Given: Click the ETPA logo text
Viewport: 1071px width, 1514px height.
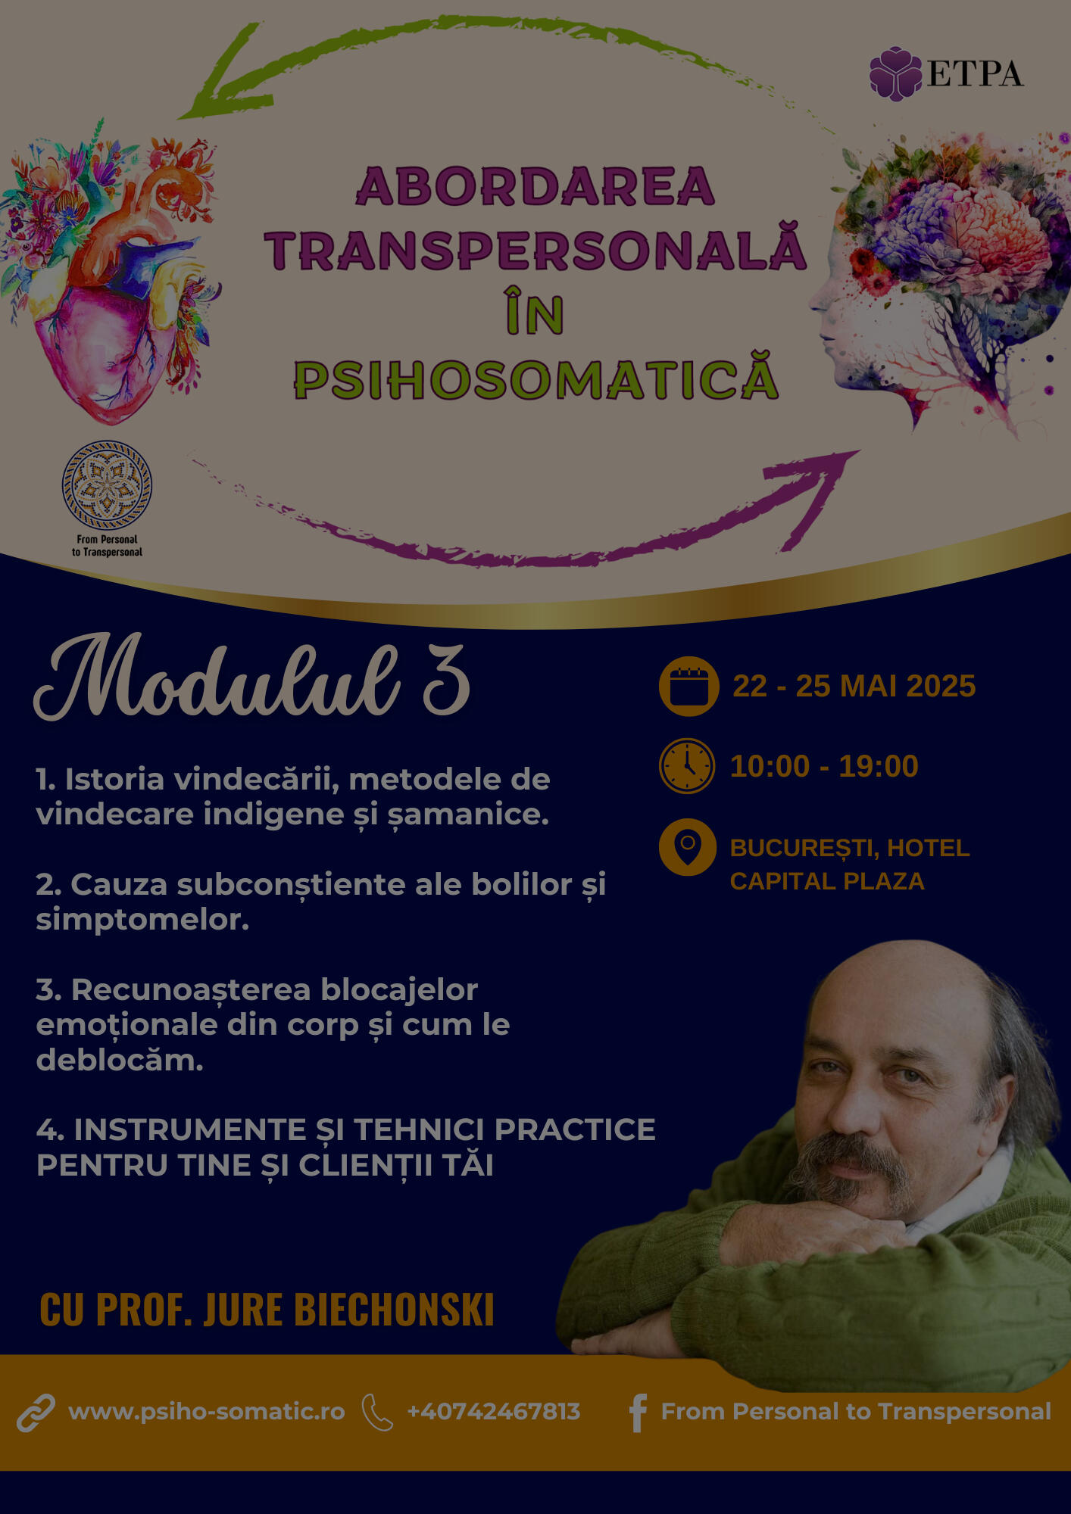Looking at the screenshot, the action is pos(975,74).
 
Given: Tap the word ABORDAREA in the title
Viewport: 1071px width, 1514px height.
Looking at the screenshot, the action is pos(535,186).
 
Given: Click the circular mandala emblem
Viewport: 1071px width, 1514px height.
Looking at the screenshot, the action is pos(107,485).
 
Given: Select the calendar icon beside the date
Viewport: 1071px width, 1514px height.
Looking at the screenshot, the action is pos(688,686).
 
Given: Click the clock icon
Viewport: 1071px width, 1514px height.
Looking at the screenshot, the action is pos(687,766).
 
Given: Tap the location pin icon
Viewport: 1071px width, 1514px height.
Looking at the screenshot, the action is pos(687,847).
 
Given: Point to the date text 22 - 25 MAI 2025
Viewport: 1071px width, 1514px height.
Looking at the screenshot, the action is pos(854,686).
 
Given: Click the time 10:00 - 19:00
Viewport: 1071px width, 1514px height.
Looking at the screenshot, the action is pos(824,766).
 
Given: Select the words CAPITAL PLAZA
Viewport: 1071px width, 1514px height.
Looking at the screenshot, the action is pos(827,881).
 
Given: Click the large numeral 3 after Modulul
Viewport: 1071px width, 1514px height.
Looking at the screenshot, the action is pos(446,680).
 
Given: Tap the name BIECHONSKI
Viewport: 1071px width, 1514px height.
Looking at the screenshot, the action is pos(394,1309).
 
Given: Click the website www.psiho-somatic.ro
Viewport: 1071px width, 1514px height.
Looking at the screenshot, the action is pos(206,1412).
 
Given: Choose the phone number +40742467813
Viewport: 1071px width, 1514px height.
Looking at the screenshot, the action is pos(494,1412).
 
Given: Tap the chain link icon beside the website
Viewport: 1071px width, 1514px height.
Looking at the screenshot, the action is pos(36,1413).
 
